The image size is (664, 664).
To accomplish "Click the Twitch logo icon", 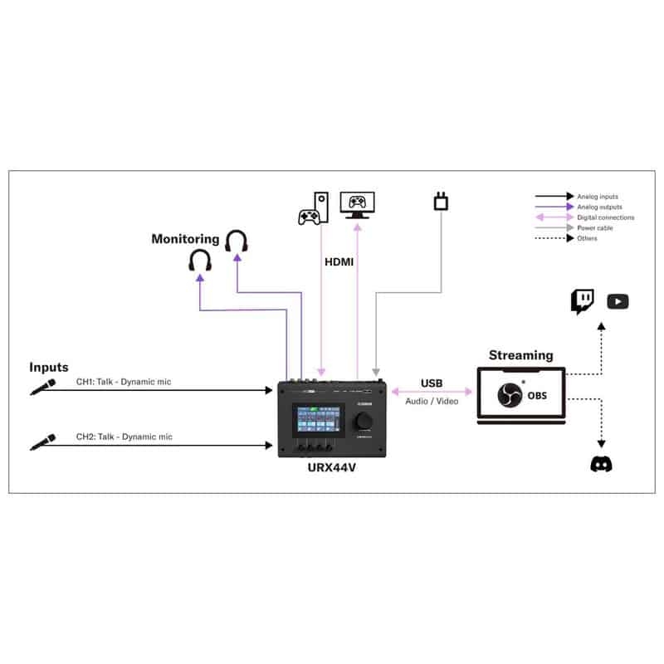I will tap(582, 301).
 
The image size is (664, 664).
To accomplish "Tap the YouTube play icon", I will tap(618, 301).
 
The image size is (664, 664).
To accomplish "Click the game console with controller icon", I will tap(314, 208).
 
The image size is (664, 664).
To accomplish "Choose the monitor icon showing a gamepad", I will tap(358, 204).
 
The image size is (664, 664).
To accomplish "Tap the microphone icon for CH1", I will tap(43, 387).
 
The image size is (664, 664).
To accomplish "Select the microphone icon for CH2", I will tap(43, 441).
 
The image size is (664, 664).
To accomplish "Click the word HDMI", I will tap(339, 261).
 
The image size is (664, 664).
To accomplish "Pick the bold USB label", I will tap(432, 383).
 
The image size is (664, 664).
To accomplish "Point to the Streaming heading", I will tap(520, 355).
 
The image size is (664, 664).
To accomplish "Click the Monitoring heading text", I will tap(185, 239).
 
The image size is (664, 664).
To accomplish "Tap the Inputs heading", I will tap(49, 367).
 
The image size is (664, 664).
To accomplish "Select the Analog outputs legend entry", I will tap(599, 207).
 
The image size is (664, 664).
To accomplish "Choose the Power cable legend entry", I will tap(595, 227).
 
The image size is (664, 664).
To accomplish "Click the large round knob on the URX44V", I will tap(364, 422).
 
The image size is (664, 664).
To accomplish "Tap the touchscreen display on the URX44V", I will tap(318, 420).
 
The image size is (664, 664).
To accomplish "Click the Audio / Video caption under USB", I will tap(432, 401).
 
